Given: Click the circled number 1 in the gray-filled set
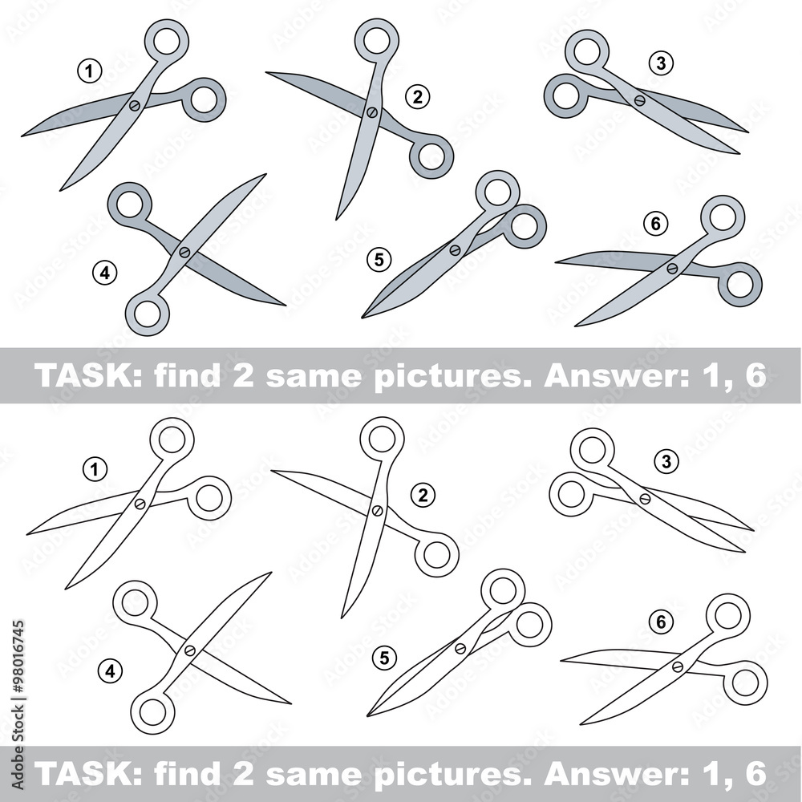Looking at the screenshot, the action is (90, 71).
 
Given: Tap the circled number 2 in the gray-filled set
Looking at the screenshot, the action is (417, 96).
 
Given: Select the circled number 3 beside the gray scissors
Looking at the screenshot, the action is (661, 63).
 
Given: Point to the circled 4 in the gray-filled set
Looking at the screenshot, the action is (105, 273).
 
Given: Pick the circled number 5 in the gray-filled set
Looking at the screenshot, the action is (379, 260).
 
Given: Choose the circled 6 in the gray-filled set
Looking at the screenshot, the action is (656, 224).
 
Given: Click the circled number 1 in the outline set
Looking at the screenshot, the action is (95, 469).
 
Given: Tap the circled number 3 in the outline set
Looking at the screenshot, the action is (666, 462).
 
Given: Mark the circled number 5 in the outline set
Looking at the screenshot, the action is (384, 658).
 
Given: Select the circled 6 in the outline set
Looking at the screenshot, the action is (661, 622).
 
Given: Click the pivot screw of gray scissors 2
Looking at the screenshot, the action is (372, 111).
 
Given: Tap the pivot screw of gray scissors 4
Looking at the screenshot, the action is (184, 252).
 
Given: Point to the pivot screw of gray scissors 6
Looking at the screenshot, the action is (672, 268).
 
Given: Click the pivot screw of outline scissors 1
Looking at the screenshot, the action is (140, 504).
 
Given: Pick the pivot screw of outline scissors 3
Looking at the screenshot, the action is (645, 498).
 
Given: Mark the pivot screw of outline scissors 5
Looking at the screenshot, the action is (460, 649).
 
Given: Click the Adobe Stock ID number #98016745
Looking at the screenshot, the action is (18, 656).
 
